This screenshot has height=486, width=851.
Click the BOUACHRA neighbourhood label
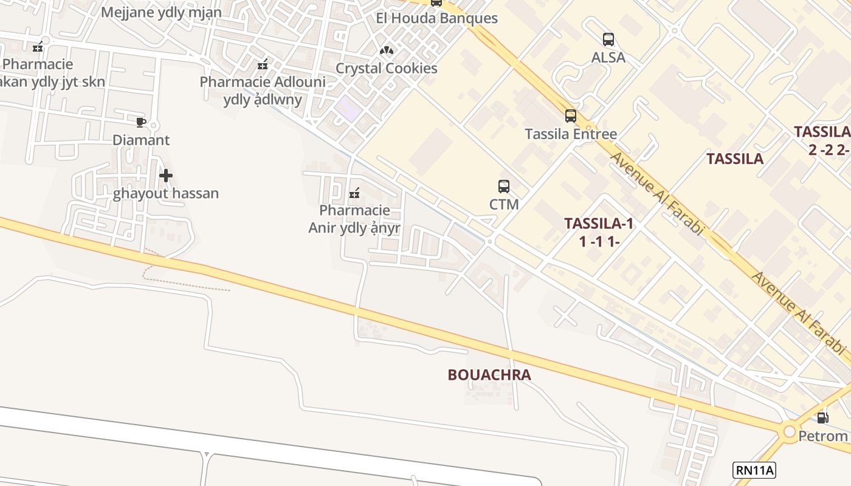click(489, 375)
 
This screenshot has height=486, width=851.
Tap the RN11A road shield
click(755, 470)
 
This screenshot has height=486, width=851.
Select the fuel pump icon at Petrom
click(822, 418)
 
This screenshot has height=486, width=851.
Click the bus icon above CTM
click(504, 187)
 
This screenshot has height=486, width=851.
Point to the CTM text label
click(504, 204)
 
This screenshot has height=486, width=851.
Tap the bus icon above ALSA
click(608, 39)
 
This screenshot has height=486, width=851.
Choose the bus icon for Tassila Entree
click(571, 116)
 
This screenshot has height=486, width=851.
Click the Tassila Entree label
click(571, 134)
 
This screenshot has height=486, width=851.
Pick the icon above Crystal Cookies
click(387, 50)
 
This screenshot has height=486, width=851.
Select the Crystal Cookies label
click(387, 68)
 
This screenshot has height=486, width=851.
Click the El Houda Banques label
click(436, 18)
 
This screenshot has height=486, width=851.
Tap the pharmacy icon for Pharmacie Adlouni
click(263, 64)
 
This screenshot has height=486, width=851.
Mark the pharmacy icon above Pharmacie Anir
click(354, 194)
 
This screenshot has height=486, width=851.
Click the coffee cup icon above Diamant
click(141, 123)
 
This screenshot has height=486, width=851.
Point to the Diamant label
click(141, 140)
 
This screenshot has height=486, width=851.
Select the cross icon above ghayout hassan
click(165, 176)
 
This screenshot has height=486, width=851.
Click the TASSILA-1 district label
click(599, 224)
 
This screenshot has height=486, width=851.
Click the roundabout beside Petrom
click(790, 432)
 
